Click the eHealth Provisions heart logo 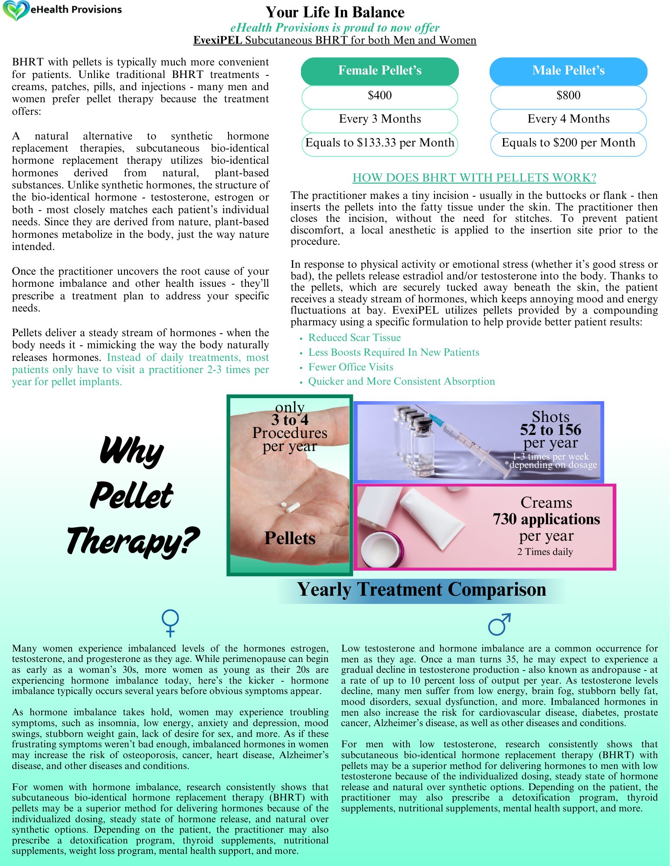pyautogui.click(x=16, y=10)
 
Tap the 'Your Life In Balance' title pyautogui.click(x=335, y=12)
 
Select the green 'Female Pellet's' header pyautogui.click(x=379, y=71)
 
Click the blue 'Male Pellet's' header pyautogui.click(x=568, y=71)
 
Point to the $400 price pyautogui.click(x=379, y=95)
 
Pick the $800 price pyautogui.click(x=568, y=95)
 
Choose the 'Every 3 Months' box pyautogui.click(x=379, y=119)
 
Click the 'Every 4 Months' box pyautogui.click(x=568, y=119)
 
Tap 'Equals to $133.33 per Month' pyautogui.click(x=379, y=143)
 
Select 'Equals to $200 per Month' pyautogui.click(x=568, y=143)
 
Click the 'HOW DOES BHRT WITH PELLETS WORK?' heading pyautogui.click(x=474, y=178)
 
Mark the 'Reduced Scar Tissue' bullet pyautogui.click(x=354, y=337)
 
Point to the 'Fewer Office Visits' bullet pyautogui.click(x=350, y=367)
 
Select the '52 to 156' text pyautogui.click(x=550, y=430)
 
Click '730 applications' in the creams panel pyautogui.click(x=546, y=519)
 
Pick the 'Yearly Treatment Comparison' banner pyautogui.click(x=421, y=590)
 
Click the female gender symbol pyautogui.click(x=170, y=623)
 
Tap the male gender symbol pyautogui.click(x=499, y=624)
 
